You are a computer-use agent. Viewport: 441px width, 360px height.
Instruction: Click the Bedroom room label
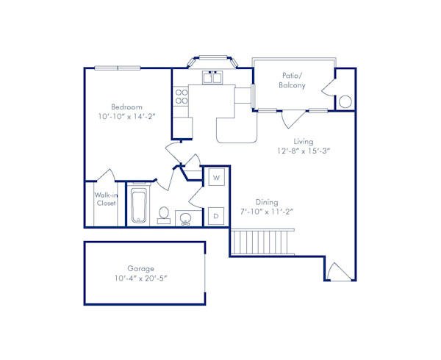pos(126,107)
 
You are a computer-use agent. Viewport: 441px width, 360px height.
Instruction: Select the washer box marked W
pos(217,178)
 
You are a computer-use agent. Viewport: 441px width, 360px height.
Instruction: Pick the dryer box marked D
pos(216,216)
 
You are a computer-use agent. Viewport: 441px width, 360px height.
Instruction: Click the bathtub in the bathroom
pos(140,206)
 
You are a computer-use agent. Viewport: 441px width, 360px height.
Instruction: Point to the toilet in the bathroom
pos(165,215)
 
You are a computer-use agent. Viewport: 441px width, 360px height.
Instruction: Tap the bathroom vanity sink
pos(186,217)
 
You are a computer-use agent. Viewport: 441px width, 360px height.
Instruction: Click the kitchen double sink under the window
pos(213,78)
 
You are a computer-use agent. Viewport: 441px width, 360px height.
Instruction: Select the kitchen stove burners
pos(181,96)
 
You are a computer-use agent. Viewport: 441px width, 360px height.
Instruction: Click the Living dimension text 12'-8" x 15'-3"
pos(304,151)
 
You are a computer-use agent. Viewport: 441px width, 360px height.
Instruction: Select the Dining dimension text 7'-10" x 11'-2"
pos(265,212)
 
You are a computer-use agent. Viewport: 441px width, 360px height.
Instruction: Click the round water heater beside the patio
pos(345,101)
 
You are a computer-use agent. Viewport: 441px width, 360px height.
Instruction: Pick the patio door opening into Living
pos(291,118)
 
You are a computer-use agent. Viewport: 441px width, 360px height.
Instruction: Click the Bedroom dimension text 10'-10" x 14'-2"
pos(126,118)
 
